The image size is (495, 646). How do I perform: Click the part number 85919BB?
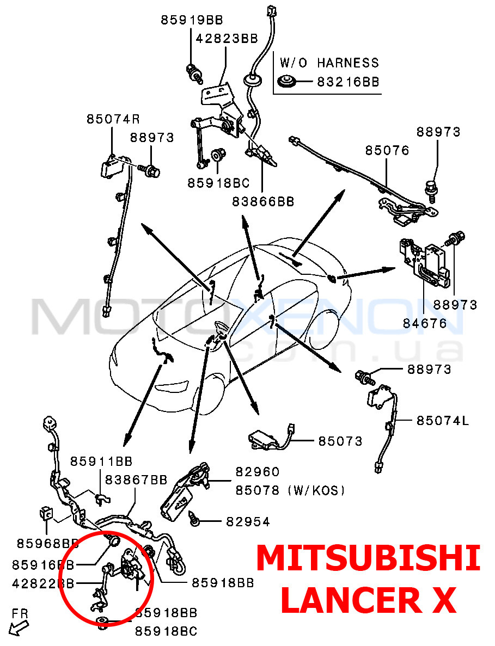coord(192,20)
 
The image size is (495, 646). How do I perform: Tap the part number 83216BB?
coord(348,82)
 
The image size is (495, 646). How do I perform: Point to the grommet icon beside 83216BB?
coord(286,82)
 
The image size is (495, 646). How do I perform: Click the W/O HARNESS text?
coord(329,63)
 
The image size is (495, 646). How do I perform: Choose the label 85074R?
coord(113,119)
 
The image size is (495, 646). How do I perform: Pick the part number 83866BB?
coord(263,201)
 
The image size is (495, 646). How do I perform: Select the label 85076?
coord(387,150)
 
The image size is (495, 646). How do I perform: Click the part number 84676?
coord(425,323)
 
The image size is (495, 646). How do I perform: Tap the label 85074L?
coord(443,420)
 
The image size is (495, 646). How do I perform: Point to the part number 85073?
coord(340,441)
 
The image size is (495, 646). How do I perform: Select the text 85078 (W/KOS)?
coord(290,490)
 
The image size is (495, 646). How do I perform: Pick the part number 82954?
coord(248,522)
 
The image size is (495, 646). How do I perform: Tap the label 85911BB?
coord(101,462)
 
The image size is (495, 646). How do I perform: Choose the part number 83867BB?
coord(136,479)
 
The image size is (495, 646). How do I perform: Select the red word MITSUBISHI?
coord(368,559)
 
